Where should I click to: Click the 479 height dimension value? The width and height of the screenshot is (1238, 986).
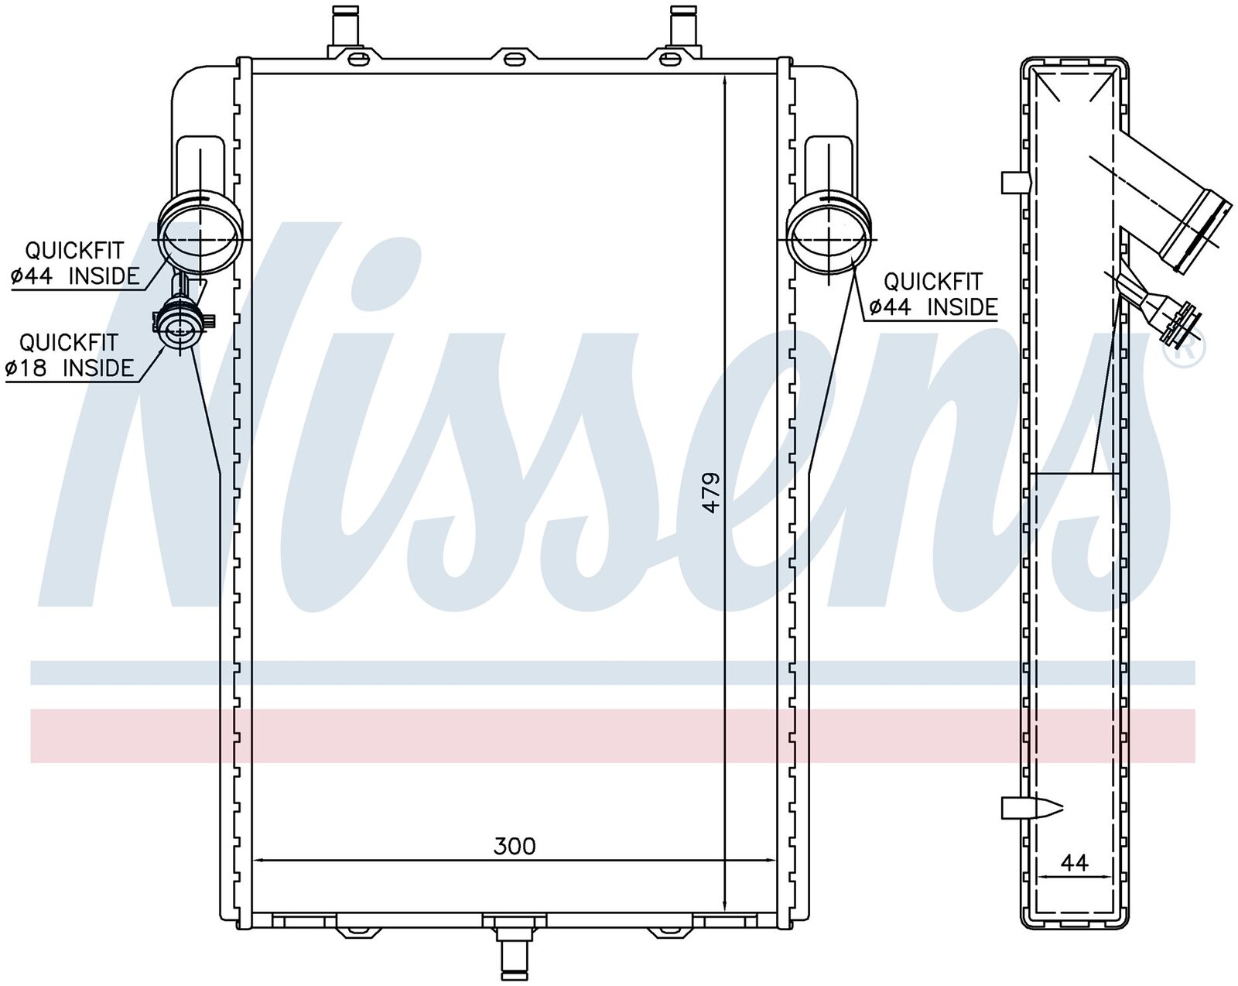click(x=712, y=492)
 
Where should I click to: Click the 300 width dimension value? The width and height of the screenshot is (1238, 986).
click(x=514, y=846)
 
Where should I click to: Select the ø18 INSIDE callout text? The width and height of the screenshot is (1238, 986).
click(x=70, y=367)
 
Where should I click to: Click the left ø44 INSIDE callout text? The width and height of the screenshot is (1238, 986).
click(x=75, y=276)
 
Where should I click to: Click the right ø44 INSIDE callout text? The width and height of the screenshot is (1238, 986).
click(x=933, y=306)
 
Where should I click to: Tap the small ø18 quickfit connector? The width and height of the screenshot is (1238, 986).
click(x=180, y=328)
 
